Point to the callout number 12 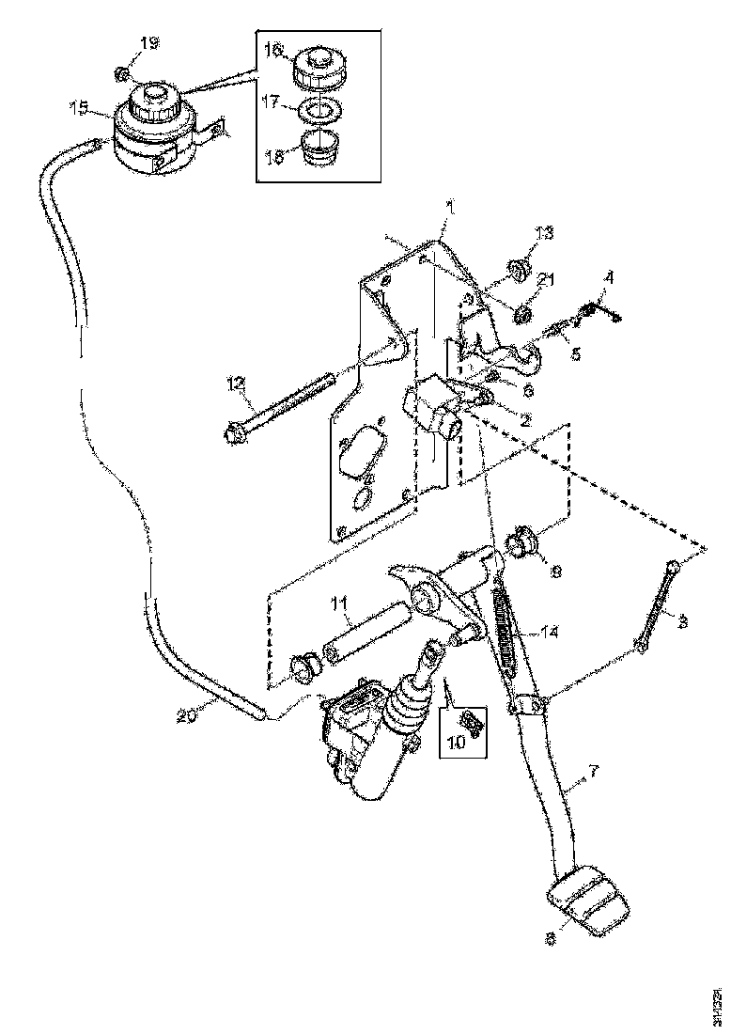pyautogui.click(x=234, y=384)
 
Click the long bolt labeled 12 pyautogui.click(x=283, y=408)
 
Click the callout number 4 pyautogui.click(x=609, y=277)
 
